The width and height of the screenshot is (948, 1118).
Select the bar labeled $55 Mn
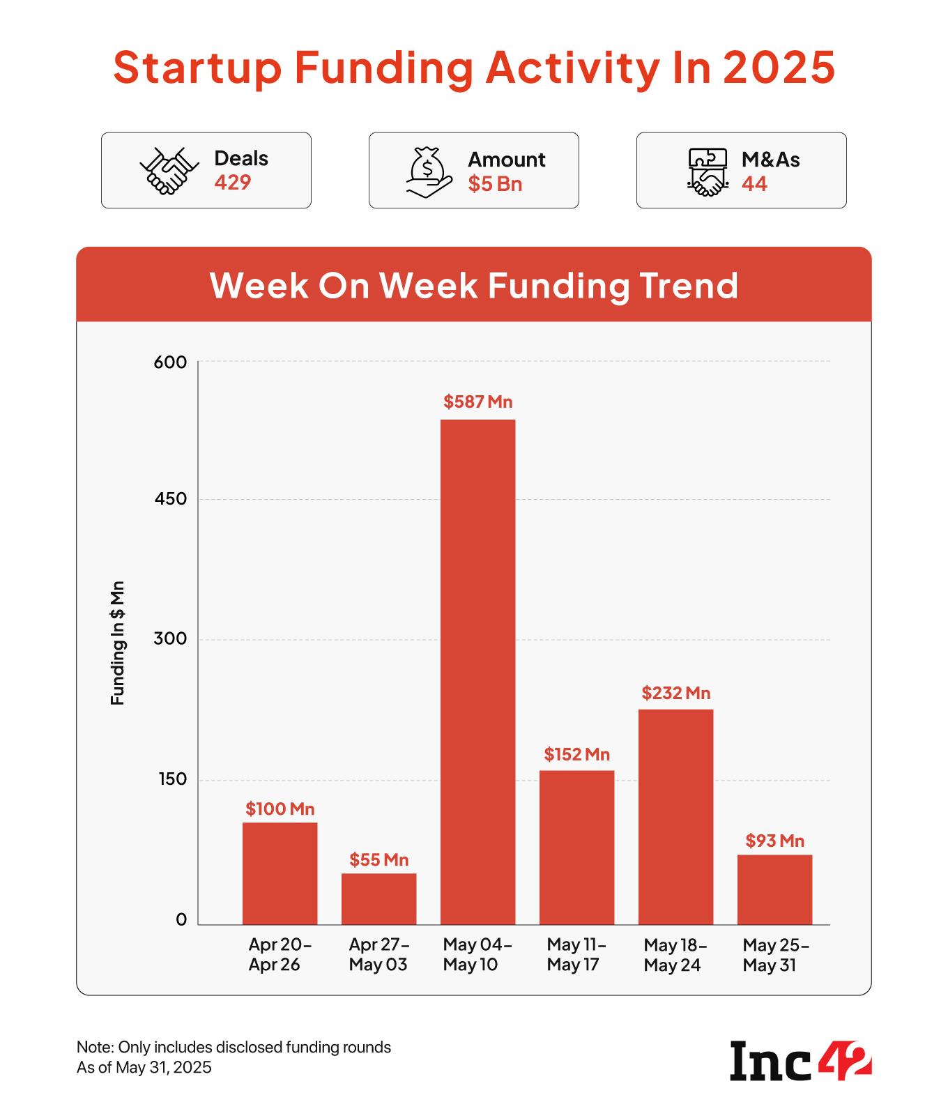(x=379, y=898)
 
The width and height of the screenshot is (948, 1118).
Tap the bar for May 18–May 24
(x=675, y=816)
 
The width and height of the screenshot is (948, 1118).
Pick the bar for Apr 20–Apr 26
(x=280, y=873)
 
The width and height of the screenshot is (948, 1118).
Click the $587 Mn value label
(x=477, y=401)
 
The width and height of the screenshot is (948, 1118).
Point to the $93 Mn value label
(x=774, y=841)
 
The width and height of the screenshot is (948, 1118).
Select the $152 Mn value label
(x=576, y=754)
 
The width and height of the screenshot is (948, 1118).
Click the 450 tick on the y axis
(x=171, y=499)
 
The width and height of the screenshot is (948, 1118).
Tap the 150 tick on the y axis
(x=172, y=779)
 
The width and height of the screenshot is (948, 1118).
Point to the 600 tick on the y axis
(x=171, y=362)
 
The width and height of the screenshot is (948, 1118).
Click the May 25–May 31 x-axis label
(x=774, y=955)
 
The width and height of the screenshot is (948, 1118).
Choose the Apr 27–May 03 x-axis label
(x=379, y=955)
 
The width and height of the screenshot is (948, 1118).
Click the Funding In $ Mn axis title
(x=117, y=642)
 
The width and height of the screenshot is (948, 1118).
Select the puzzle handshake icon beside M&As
(x=707, y=171)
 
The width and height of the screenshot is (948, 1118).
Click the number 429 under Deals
(x=232, y=183)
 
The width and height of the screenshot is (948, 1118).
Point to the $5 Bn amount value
(x=494, y=184)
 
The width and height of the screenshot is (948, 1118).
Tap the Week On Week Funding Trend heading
(x=474, y=285)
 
